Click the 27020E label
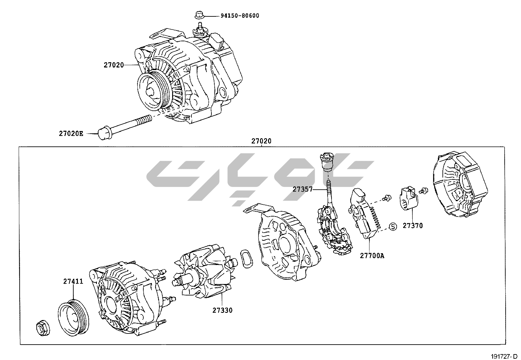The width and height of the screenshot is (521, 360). click(71, 133)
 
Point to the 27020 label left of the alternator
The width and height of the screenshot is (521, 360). click(114, 65)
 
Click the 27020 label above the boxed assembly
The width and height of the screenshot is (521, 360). click(261, 141)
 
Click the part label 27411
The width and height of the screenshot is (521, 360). click(73, 281)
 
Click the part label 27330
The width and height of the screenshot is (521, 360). click(222, 310)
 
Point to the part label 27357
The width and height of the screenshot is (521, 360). click(302, 189)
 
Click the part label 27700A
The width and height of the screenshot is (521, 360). click(372, 256)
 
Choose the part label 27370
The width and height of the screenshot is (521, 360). click(413, 225)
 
